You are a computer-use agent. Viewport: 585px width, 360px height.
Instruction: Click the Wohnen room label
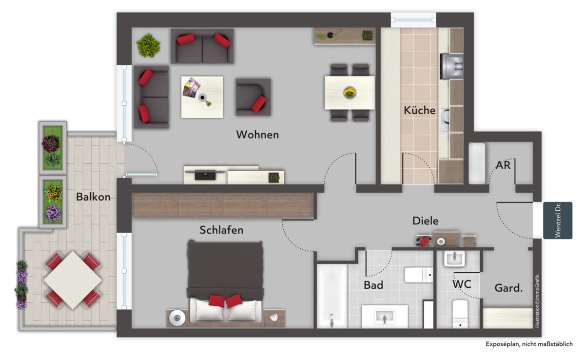point(257,135)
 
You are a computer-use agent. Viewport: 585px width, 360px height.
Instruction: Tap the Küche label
point(420,110)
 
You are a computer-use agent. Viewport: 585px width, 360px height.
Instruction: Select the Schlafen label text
point(221,230)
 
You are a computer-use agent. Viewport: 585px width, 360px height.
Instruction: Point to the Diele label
point(426,221)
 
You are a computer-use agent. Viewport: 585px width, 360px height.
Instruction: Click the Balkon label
point(93,197)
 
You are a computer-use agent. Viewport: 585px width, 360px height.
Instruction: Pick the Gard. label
point(508,288)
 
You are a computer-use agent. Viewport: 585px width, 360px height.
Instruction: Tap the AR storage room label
point(503,165)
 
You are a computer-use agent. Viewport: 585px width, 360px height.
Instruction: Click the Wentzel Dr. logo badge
point(558,220)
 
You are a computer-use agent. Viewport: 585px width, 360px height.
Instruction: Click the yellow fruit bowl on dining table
point(350,93)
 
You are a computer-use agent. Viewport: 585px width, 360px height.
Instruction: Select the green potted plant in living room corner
point(148,45)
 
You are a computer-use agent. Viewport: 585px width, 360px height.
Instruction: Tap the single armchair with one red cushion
point(253,97)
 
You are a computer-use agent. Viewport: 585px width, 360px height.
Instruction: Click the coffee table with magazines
point(202,97)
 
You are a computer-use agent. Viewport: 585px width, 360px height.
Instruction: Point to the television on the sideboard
point(205,175)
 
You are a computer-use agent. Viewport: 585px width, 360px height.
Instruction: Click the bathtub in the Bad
point(332,296)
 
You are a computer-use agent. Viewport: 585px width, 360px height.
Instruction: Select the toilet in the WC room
point(460,314)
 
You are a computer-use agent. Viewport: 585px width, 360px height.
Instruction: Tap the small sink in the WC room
point(455,259)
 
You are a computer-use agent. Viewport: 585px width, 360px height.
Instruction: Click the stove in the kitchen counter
point(451,66)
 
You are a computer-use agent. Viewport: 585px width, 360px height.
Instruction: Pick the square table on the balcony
point(73,280)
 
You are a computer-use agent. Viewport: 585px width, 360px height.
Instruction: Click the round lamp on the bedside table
point(177,318)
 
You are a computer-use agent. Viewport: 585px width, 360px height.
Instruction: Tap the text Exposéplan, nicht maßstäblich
point(529,344)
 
